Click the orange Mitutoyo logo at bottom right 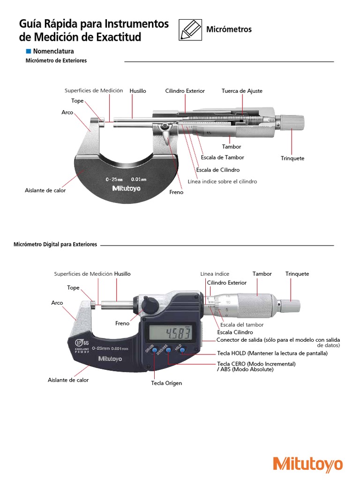[308, 464]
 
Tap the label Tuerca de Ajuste [242, 91]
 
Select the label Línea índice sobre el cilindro [222, 181]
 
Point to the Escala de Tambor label [222, 157]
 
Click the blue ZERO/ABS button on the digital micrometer [168, 349]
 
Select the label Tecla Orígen [166, 383]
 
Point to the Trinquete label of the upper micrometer [292, 158]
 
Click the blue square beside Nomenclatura [28, 51]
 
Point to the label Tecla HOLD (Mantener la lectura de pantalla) [272, 353]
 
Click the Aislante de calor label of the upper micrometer [45, 191]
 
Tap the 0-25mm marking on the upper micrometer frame [114, 179]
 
